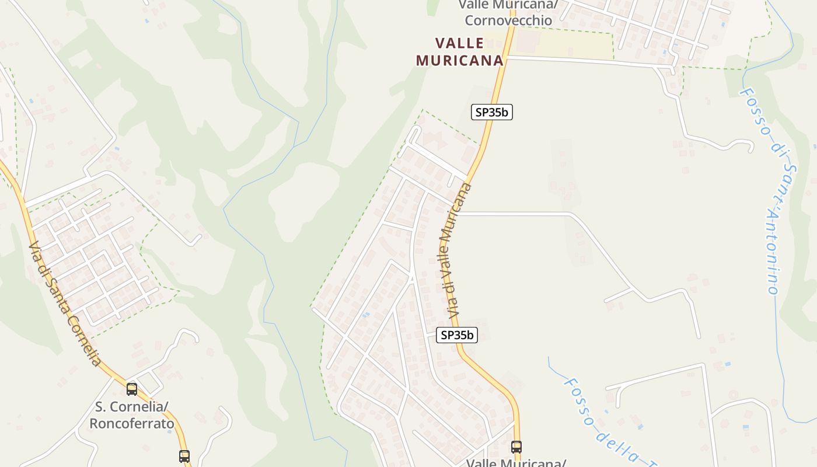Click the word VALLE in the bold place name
pos(459,43)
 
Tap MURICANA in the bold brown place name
pos(459,60)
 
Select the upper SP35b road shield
pos(491,112)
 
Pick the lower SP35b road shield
pos(457,335)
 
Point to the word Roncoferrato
pos(131,423)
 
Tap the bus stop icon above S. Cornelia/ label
pos(132,389)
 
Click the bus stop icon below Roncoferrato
pos(184,456)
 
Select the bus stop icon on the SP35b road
pos(516,447)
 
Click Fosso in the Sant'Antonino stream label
pos(755,111)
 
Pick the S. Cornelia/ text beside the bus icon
pos(131,407)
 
